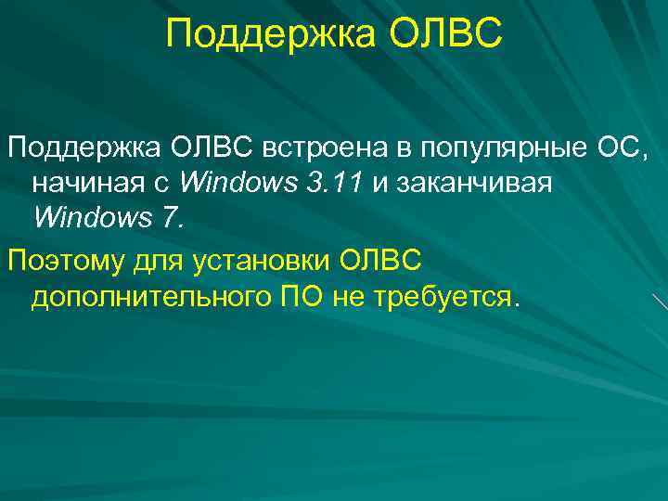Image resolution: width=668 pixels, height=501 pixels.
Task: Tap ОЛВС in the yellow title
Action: (443, 34)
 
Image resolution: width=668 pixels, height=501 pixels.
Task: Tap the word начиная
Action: (83, 183)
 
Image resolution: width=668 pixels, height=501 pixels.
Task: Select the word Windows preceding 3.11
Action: (236, 182)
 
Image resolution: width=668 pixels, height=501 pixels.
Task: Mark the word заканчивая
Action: (474, 183)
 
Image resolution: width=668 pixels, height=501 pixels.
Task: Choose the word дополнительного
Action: (150, 297)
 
